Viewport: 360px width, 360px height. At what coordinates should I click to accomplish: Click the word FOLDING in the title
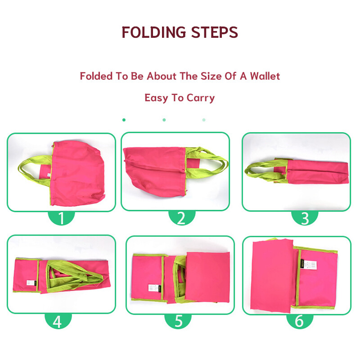tap(153, 32)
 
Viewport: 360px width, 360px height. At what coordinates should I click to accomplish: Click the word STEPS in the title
tap(215, 32)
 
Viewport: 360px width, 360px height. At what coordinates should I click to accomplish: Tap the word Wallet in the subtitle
tap(265, 76)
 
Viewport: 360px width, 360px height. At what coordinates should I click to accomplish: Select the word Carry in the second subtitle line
tap(201, 98)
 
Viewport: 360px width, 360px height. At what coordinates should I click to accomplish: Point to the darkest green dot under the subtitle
tap(124, 120)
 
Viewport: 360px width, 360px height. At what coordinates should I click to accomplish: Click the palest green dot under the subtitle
tap(204, 120)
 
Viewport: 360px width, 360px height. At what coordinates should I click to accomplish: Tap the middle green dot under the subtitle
tap(164, 120)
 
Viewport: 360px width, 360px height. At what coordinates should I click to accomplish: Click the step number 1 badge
tap(61, 218)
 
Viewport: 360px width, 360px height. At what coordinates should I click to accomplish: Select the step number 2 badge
tap(182, 218)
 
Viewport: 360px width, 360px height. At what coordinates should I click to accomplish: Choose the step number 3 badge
tap(305, 218)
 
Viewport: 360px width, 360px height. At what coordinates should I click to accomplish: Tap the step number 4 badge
tap(58, 321)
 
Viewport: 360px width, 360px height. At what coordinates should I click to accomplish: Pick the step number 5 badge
tap(178, 321)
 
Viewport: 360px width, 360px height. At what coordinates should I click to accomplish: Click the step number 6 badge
tap(300, 321)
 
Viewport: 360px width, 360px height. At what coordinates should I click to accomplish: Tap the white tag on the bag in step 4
tap(31, 283)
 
